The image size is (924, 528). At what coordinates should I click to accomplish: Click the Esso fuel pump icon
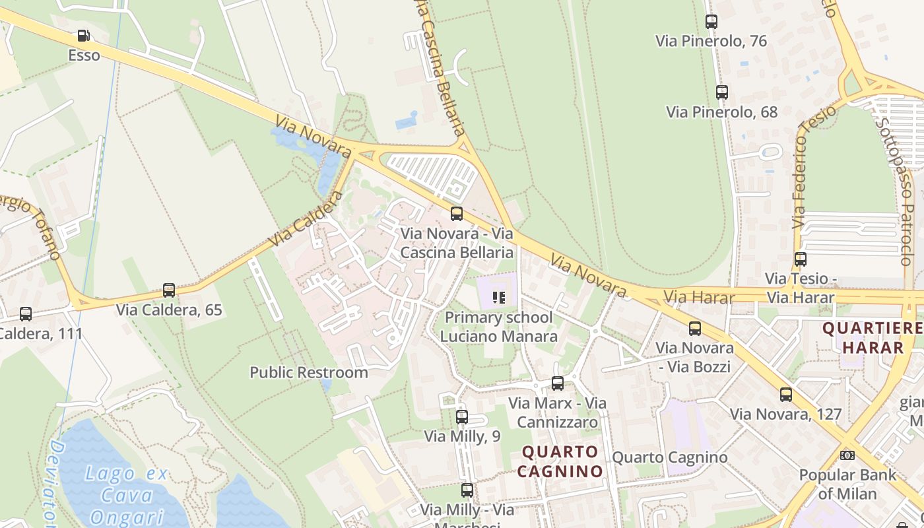coord(83,36)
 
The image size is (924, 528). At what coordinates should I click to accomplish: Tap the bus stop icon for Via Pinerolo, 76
coord(711,21)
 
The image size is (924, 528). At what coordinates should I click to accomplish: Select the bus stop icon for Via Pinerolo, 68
coord(721,92)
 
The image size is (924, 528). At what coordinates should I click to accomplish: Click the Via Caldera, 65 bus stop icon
coord(169,290)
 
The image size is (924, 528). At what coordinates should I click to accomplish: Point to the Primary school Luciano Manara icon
coord(499,298)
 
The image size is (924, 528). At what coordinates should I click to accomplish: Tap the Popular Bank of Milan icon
coord(847,455)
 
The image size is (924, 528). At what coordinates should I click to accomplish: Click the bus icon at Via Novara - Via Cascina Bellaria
coord(456,214)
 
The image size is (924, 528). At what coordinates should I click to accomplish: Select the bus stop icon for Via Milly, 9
coord(462,417)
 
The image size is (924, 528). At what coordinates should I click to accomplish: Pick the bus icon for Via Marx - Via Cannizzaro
coord(558,383)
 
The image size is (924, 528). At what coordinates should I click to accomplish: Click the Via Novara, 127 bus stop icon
coord(785,395)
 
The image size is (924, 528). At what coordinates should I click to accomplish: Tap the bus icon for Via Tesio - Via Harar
coord(801,259)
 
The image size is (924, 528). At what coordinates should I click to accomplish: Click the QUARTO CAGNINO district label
coord(560,461)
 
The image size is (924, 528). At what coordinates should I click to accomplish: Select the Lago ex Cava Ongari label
coord(127,495)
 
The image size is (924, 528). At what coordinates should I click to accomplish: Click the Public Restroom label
coord(308,372)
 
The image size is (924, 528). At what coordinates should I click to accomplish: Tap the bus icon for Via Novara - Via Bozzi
coord(694,329)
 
